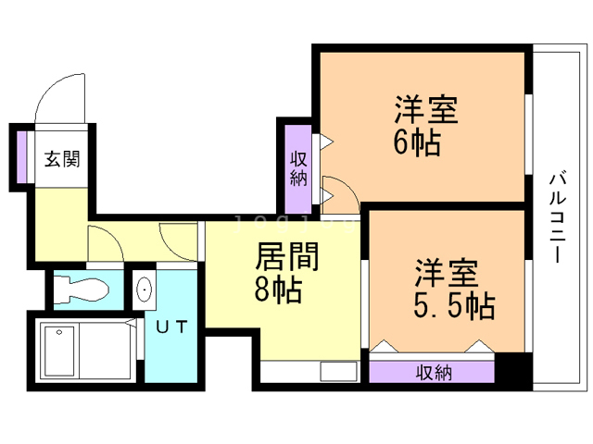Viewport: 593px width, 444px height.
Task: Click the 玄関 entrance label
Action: tap(62, 159)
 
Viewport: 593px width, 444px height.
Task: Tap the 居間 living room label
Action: tap(287, 257)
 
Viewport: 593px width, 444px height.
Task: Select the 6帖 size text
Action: tap(418, 142)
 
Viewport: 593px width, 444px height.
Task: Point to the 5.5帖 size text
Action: tap(454, 305)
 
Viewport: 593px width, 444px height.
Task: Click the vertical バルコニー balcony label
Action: tap(558, 217)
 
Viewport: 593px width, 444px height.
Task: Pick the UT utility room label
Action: tap(172, 327)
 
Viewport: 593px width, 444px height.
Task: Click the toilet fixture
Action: tap(81, 290)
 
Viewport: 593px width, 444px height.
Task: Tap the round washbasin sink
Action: tap(145, 290)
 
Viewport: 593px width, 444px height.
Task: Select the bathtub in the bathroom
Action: tap(88, 351)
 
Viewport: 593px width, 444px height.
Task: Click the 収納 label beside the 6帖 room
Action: tap(298, 168)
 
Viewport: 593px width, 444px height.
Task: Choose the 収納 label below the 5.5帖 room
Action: tap(435, 373)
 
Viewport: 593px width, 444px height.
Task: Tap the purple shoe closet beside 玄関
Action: tap(21, 156)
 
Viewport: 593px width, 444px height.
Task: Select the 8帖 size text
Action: tap(278, 290)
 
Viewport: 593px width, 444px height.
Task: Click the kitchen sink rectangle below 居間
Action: tap(338, 372)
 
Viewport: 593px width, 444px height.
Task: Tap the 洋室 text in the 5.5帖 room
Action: tap(447, 273)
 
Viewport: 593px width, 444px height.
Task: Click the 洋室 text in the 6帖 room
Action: tap(426, 109)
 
